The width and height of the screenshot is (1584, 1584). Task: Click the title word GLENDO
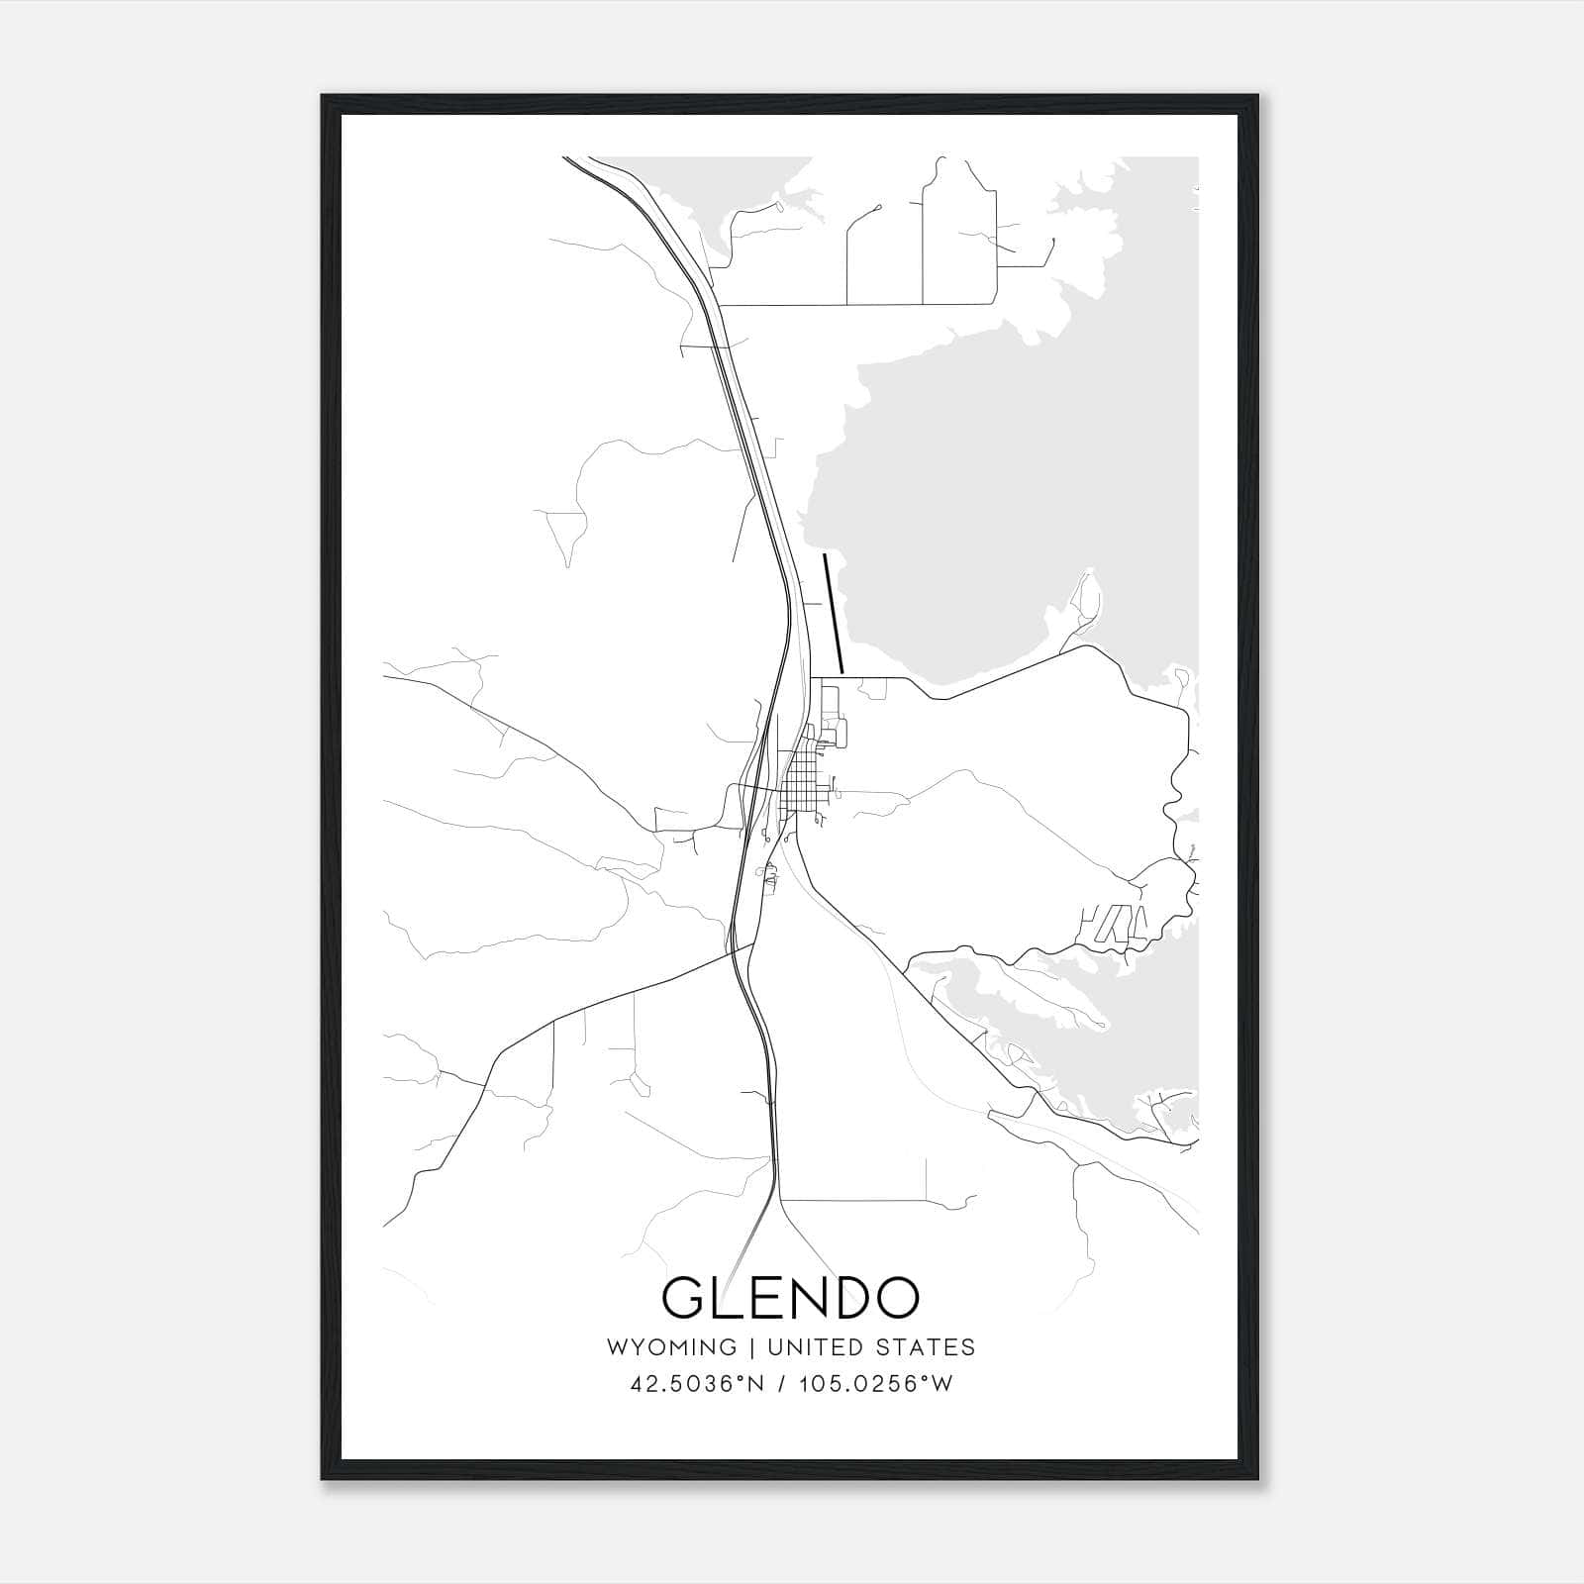click(x=790, y=1298)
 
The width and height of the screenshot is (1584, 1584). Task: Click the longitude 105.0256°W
click(x=875, y=1384)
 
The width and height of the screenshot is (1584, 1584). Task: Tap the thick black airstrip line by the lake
click(x=833, y=614)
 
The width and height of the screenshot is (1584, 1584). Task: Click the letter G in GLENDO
click(x=684, y=1298)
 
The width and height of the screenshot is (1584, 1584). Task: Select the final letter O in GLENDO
click(x=896, y=1298)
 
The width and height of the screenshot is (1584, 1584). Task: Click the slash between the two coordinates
click(x=784, y=1384)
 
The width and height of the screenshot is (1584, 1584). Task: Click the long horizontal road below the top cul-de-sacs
click(x=851, y=305)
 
